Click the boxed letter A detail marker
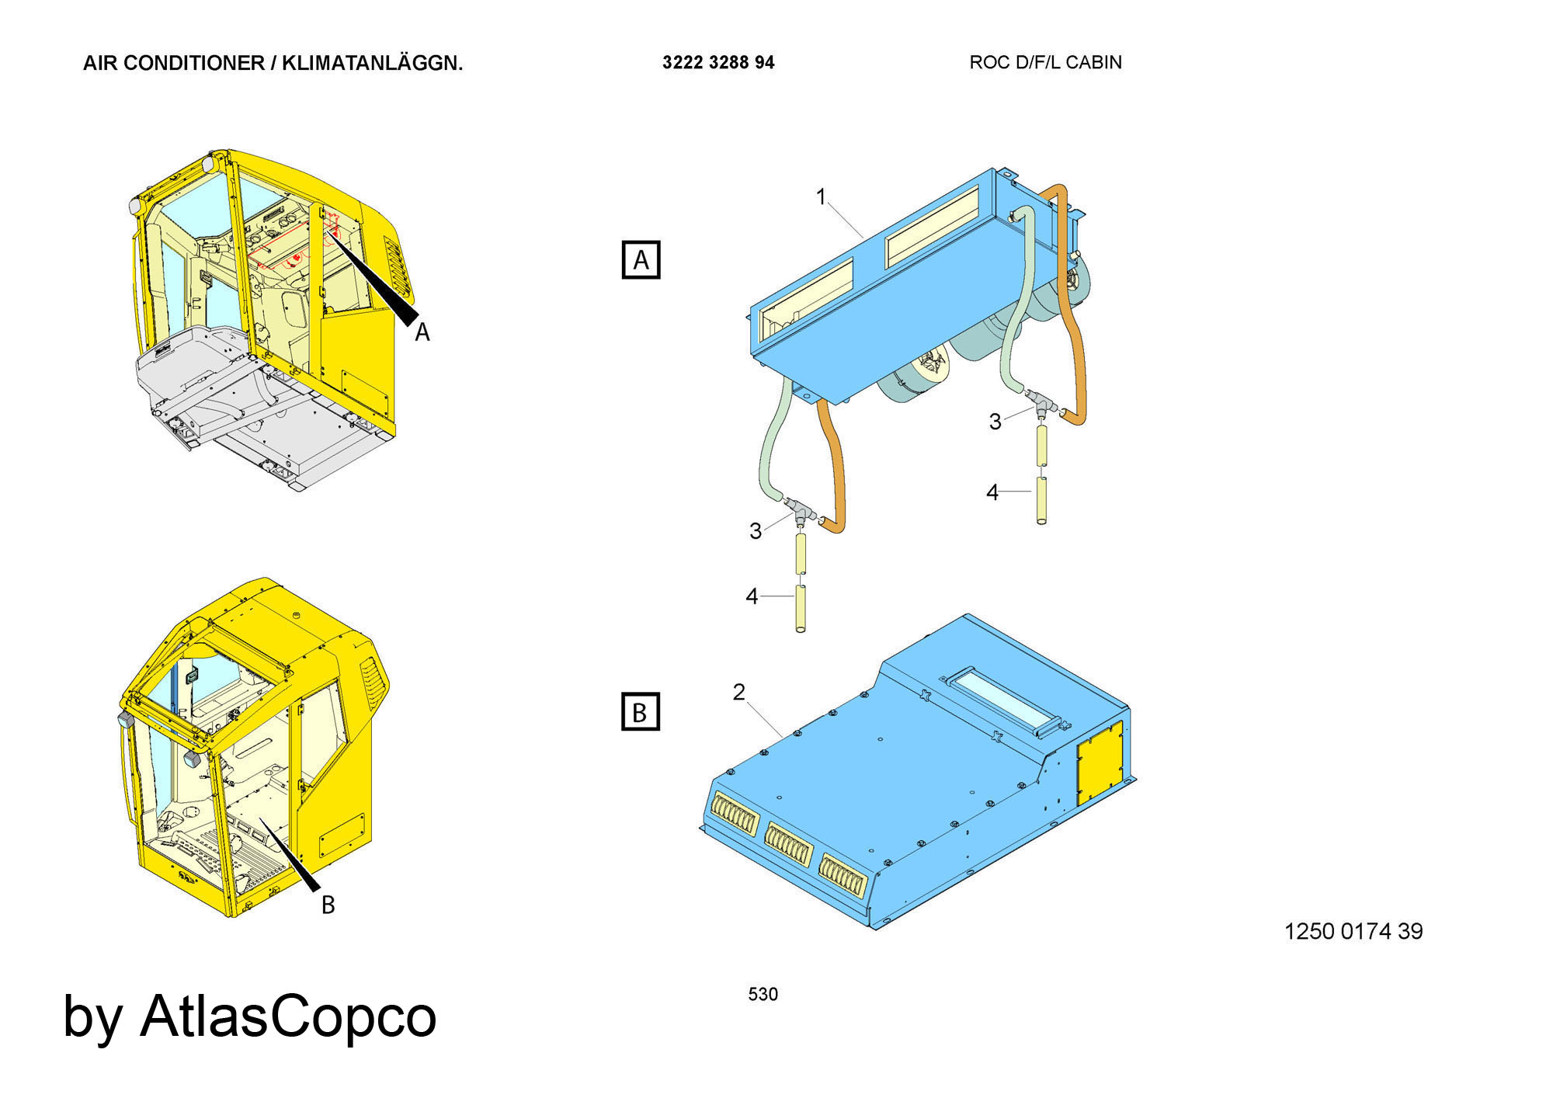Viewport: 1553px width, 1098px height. (x=641, y=259)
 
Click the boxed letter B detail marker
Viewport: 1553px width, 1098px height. (x=641, y=711)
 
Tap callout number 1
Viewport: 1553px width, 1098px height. (x=822, y=197)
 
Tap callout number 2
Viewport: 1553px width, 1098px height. (x=739, y=691)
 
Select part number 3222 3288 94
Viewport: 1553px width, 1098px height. (x=718, y=63)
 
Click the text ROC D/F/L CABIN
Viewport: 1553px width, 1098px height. (x=1045, y=62)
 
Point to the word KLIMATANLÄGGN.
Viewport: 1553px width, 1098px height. (x=372, y=63)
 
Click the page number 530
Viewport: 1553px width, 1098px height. (x=763, y=994)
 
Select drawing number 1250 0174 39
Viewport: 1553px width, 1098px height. (x=1353, y=931)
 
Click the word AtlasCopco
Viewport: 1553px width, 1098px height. (x=288, y=1016)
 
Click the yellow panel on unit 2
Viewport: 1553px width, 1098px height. (x=1099, y=762)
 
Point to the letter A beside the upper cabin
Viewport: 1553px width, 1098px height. (x=422, y=332)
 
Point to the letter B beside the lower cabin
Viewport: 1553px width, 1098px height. (x=328, y=905)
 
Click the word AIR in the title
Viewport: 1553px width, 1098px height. (x=100, y=63)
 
